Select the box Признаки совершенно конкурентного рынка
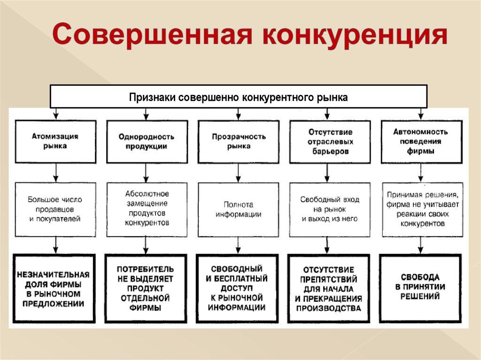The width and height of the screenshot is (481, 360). click(239, 97)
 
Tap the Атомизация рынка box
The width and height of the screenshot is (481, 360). click(55, 141)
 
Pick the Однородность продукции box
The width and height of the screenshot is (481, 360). click(147, 141)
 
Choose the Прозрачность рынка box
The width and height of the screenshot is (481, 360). click(239, 141)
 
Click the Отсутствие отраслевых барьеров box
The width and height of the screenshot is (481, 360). click(330, 141)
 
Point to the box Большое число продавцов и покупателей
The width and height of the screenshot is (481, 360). click(55, 209)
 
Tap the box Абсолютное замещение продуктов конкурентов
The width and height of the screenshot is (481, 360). click(147, 209)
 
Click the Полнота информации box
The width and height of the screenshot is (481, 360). click(239, 209)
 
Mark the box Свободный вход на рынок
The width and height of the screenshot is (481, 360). click(330, 209)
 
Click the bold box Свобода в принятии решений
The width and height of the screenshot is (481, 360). click(420, 287)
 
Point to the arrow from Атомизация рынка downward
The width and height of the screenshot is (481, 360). click(56, 173)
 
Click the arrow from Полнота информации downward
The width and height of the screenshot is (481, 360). click(239, 245)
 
